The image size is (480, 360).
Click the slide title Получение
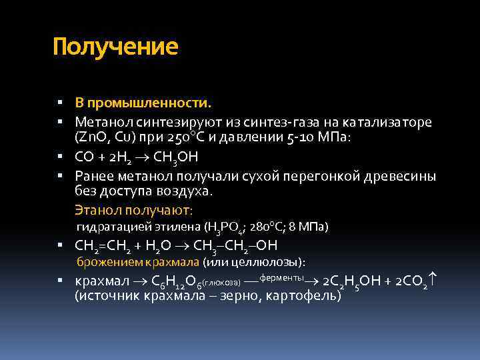[x=115, y=47]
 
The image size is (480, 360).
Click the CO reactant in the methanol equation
[x=84, y=157]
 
